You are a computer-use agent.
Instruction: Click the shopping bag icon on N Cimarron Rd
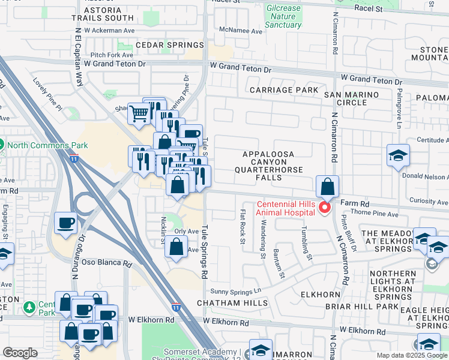coord(327,187)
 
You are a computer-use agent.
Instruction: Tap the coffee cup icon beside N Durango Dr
coord(66,223)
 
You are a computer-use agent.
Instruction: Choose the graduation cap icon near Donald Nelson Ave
coord(398,157)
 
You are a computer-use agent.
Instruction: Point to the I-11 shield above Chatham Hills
coord(175,305)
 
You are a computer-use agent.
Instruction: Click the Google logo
coord(20,352)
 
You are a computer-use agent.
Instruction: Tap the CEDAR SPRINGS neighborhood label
coord(170,46)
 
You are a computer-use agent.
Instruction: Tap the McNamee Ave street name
coord(241,31)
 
